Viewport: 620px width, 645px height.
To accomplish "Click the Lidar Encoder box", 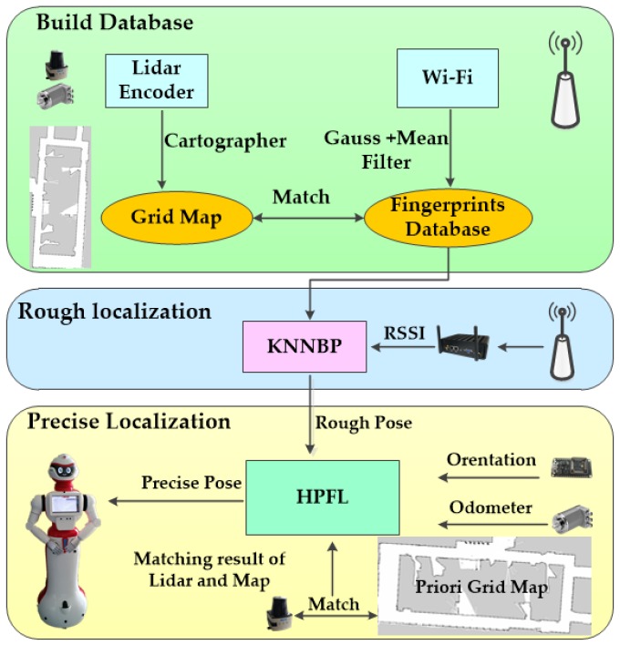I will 158,80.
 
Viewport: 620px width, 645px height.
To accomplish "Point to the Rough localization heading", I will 114,312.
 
